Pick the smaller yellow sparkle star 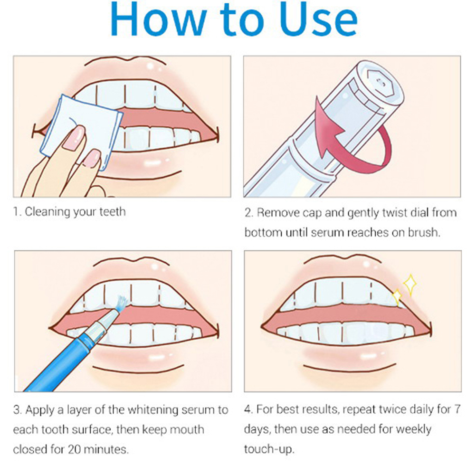point(397,297)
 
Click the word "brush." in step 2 point(424,232)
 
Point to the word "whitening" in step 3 point(152,410)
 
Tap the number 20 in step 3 point(74,449)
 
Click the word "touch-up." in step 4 point(269,449)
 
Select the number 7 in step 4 point(457,409)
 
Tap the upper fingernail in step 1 point(74,138)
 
